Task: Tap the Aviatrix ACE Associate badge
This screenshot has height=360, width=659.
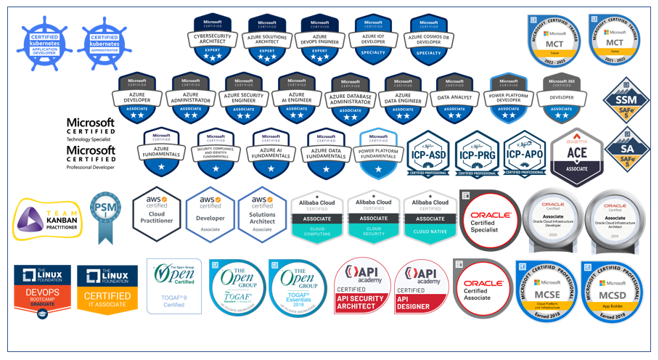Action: (x=578, y=157)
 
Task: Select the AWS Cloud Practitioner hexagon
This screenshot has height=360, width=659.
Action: (x=157, y=213)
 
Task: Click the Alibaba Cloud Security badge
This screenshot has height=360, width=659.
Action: (x=374, y=216)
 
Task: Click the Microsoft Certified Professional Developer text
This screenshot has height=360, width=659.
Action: (x=91, y=157)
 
